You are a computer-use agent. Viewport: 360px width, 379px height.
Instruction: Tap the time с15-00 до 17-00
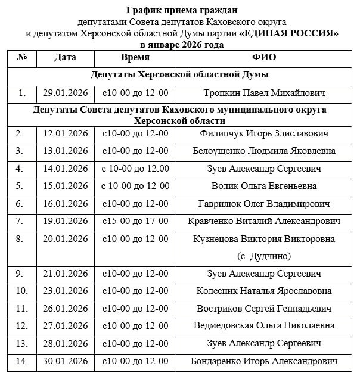click(135, 221)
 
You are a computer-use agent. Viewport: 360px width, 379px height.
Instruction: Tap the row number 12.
click(22, 326)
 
